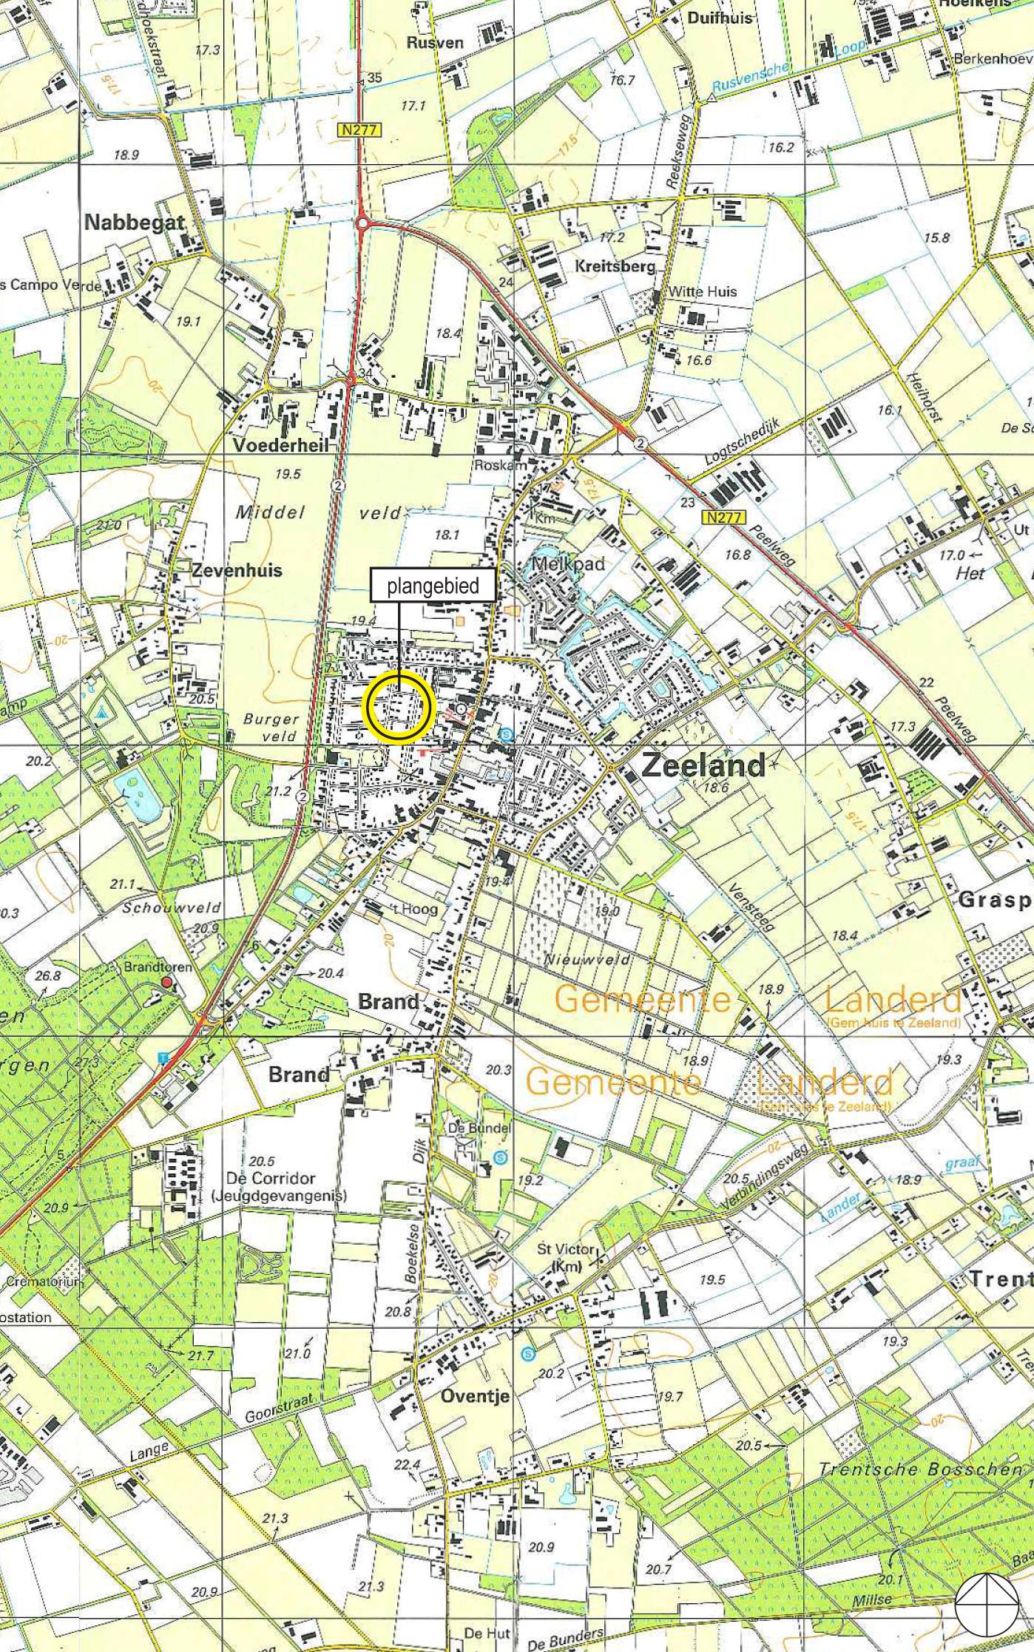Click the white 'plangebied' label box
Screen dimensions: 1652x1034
click(433, 586)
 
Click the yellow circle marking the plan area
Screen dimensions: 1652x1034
click(398, 707)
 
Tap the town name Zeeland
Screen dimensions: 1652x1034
click(703, 765)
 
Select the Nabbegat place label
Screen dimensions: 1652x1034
click(134, 222)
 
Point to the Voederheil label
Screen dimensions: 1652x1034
click(280, 444)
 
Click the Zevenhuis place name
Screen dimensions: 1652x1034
click(237, 569)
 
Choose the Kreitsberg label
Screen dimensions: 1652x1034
click(615, 265)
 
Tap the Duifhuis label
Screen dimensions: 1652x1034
click(719, 18)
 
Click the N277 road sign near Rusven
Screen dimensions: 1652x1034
click(360, 130)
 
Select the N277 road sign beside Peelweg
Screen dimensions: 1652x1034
click(723, 517)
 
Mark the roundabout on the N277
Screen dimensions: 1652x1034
click(362, 222)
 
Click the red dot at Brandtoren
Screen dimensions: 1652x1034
click(167, 982)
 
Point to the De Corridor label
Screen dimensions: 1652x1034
click(271, 1178)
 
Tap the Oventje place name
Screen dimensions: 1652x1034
click(475, 1395)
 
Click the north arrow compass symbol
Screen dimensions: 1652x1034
click(986, 1603)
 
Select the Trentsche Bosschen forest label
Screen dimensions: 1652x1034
click(921, 1469)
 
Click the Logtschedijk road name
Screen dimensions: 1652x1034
click(742, 442)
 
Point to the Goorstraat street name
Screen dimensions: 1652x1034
click(280, 1408)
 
